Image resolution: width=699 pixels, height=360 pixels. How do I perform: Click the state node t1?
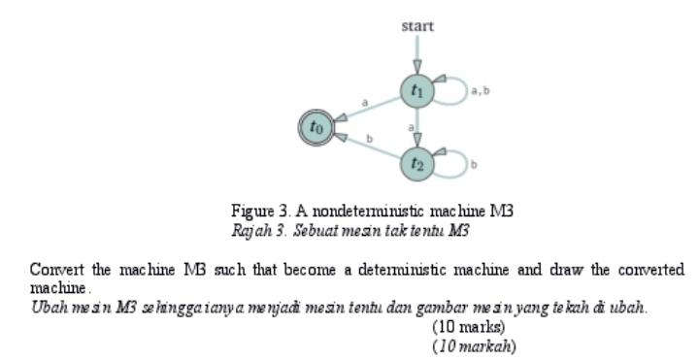pos(417,91)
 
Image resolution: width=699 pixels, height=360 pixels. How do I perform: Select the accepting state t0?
pos(315,125)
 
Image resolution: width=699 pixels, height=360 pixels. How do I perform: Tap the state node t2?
pos(417,161)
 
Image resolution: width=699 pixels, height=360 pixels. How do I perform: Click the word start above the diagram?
pos(417,26)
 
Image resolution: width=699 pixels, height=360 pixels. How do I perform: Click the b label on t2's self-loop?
pos(475,167)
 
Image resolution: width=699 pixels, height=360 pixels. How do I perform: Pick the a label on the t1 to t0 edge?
pos(365,101)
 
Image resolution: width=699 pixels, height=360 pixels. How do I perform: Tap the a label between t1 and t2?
pos(411,126)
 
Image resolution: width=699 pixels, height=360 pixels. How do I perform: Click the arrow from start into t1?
pos(417,54)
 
